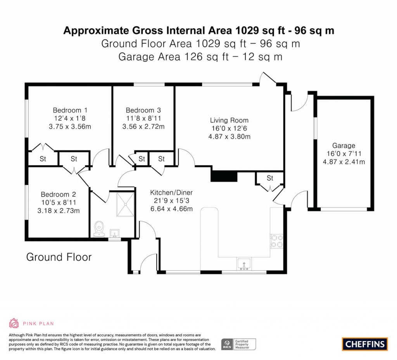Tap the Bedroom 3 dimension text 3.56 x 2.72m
tap(143, 126)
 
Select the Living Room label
tap(229, 120)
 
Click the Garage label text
tap(343, 145)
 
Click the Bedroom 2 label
tap(59, 195)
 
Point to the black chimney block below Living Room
tap(224, 176)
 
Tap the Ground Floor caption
tap(59, 257)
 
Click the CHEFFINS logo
tap(365, 344)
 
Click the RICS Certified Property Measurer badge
tap(238, 344)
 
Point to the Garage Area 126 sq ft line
tap(200, 57)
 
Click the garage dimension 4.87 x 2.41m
tap(343, 162)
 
